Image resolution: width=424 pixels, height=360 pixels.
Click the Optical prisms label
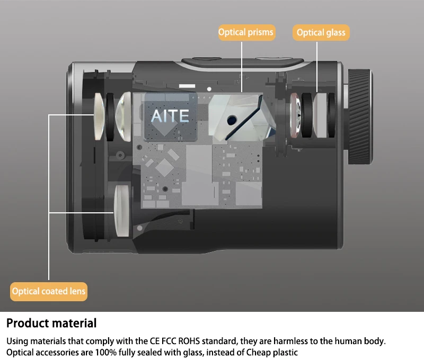pyautogui.click(x=246, y=33)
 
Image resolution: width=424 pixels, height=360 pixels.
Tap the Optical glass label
pyautogui.click(x=321, y=33)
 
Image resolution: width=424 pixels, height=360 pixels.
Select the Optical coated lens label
pyautogui.click(x=49, y=291)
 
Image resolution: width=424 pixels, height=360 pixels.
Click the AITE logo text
pyautogui.click(x=170, y=115)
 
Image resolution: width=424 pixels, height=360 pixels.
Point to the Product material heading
pyautogui.click(x=51, y=323)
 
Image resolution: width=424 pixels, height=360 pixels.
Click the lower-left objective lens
pyautogui.click(x=121, y=210)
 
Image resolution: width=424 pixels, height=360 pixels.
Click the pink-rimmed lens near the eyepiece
pyautogui.click(x=296, y=116)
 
